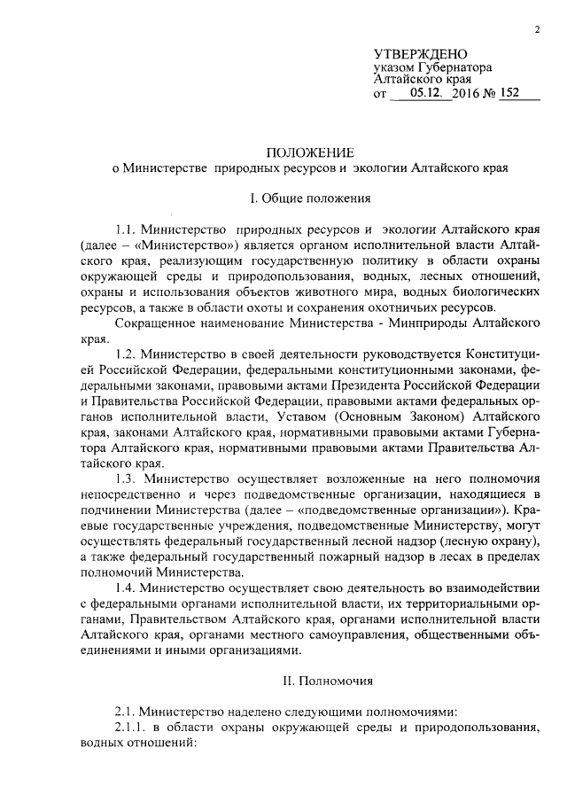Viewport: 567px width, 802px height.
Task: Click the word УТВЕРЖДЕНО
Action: point(421,55)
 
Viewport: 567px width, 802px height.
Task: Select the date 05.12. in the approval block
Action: point(416,93)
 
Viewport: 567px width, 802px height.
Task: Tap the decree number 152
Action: point(509,93)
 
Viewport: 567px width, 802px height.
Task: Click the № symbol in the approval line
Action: point(490,93)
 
